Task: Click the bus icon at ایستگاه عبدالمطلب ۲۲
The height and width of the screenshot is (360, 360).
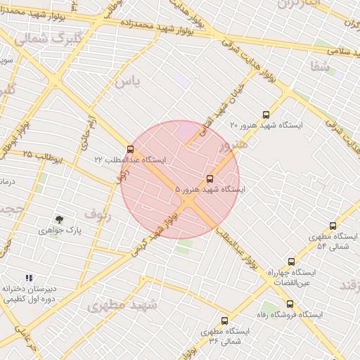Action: pos(130,148)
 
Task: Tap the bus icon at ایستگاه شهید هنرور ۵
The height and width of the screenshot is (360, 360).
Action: pos(210,179)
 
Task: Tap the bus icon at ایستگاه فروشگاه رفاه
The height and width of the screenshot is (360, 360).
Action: pos(290,304)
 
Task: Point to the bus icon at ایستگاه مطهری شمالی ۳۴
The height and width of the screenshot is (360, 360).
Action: pos(224,320)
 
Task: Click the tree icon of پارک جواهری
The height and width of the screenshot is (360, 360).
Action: pos(59,219)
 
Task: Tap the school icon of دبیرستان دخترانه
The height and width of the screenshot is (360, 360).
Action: pos(29,278)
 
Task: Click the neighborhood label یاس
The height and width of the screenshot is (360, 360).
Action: pos(128,82)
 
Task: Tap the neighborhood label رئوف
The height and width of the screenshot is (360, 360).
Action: pos(98,212)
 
